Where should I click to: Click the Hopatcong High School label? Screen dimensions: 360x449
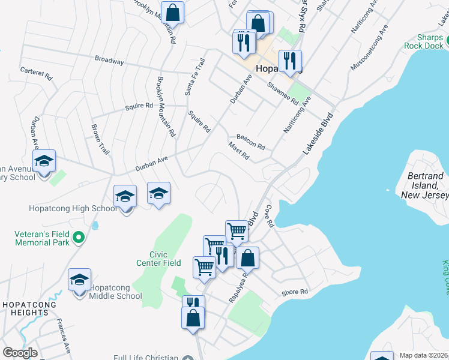(x=73, y=209)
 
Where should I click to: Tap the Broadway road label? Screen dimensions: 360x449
(x=109, y=61)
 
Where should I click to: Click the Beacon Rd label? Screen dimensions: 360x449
(x=250, y=142)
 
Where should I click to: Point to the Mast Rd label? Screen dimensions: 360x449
(x=238, y=152)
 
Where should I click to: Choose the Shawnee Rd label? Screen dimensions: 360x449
(x=283, y=94)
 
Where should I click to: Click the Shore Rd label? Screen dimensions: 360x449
(x=295, y=293)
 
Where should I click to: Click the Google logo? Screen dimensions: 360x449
(x=20, y=353)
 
